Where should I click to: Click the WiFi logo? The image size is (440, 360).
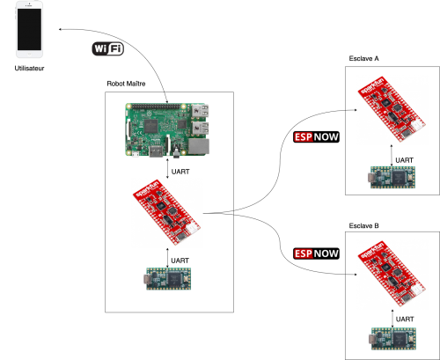[108, 48]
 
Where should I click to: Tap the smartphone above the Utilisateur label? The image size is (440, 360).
[29, 29]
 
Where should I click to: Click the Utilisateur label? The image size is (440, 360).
[29, 69]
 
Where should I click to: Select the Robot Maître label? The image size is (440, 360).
[126, 84]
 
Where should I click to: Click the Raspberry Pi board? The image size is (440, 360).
[167, 129]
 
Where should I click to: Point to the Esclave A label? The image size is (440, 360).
[363, 59]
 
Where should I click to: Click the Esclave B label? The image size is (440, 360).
[363, 226]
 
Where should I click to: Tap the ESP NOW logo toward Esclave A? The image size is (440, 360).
[316, 137]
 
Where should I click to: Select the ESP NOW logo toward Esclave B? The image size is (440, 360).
[316, 253]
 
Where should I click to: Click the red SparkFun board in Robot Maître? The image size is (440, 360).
[166, 212]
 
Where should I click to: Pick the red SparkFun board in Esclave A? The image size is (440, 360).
[392, 109]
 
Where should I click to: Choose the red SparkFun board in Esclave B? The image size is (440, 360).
[392, 274]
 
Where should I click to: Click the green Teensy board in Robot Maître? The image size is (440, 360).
[169, 279]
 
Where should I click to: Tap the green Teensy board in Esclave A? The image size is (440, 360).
[392, 177]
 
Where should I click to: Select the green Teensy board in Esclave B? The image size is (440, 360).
[392, 339]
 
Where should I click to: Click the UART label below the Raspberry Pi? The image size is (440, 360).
[180, 172]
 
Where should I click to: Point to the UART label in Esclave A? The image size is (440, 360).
[404, 160]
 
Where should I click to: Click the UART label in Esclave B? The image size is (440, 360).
[405, 319]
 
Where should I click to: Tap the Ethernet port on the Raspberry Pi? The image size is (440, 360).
[199, 146]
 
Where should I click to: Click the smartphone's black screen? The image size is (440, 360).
[29, 29]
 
